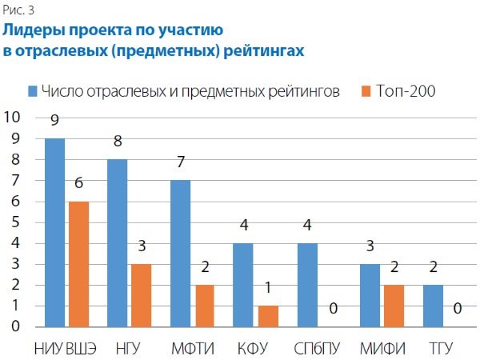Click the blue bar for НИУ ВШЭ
pos(55,233)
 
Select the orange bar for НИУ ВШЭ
pos(77,264)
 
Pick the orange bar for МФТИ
pos(203,306)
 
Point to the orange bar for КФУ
pos(266,316)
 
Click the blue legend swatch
pos(33,91)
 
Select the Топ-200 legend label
pos(406,91)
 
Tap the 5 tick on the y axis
pos(16,222)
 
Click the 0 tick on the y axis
pos(16,326)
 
